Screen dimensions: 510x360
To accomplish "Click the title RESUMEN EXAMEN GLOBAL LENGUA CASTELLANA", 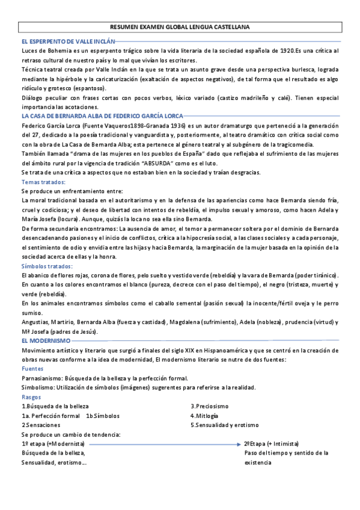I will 180,28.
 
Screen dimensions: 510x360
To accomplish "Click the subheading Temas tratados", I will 43,182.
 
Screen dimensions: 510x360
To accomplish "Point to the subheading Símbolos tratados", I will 47,265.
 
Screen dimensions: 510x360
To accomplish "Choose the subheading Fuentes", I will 32,368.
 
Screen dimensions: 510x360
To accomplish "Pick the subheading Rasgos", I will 32,397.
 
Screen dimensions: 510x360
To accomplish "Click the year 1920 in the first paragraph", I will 283,51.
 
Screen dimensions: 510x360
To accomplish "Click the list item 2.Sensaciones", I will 41,425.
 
